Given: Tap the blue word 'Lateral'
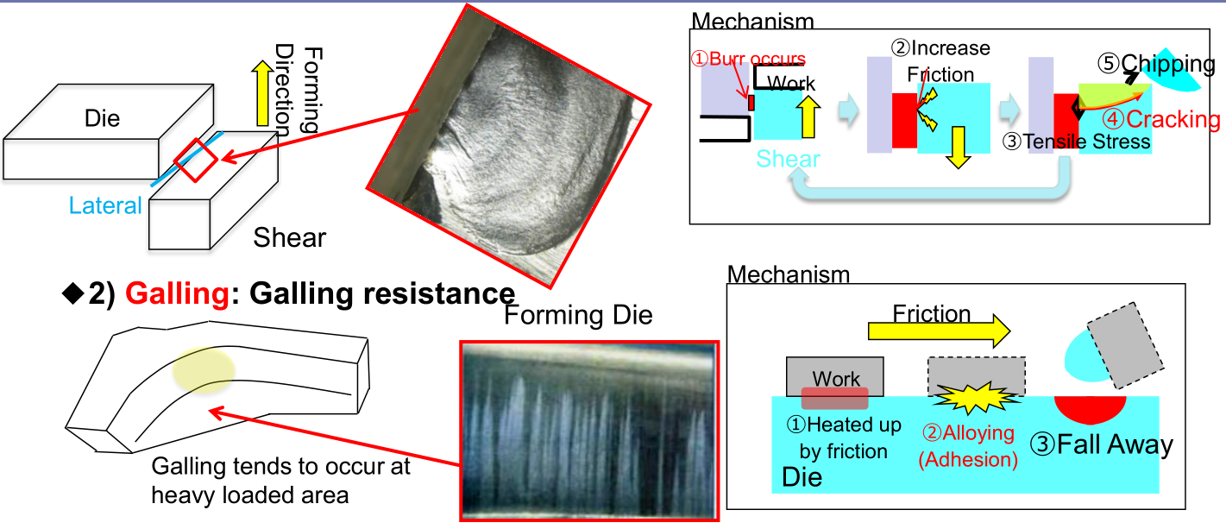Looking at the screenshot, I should (x=105, y=205).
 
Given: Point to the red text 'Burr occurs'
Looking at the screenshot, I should (x=750, y=60).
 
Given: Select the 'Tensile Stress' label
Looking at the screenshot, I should (x=1088, y=141).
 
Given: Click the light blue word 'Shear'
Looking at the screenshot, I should (x=789, y=159).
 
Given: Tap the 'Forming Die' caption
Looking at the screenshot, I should (x=578, y=315).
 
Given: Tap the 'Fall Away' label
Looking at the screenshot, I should (x=1102, y=444).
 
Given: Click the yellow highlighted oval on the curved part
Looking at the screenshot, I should (x=204, y=371).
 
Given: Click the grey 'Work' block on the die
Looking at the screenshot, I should (x=835, y=376).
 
